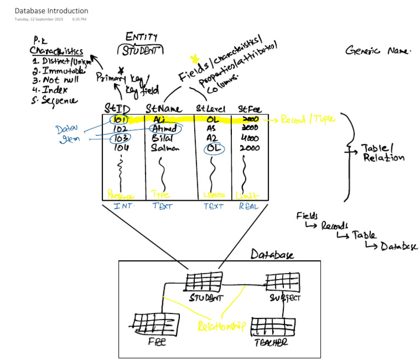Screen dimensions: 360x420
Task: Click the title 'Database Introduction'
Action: point(51,11)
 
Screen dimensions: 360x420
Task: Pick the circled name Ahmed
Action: point(165,129)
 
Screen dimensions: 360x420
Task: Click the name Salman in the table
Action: point(165,148)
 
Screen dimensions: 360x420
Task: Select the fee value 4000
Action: point(249,139)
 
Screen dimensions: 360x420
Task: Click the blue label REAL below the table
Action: point(249,206)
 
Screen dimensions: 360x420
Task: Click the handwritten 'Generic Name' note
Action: point(377,51)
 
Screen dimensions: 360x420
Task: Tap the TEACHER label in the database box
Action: point(271,342)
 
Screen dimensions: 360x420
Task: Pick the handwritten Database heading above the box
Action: point(272,255)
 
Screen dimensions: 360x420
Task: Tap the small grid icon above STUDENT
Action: point(203,282)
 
